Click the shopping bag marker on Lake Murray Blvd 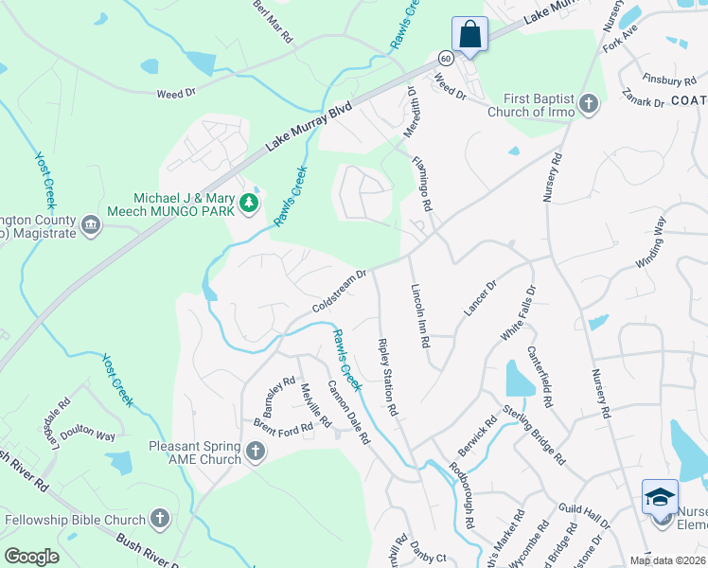(469, 35)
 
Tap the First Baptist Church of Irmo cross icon (588, 103)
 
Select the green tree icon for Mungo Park (249, 202)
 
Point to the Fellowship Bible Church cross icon (160, 519)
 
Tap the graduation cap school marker (660, 497)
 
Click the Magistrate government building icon (91, 224)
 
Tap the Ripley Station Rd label (386, 378)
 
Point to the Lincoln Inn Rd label (420, 314)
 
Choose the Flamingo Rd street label (422, 183)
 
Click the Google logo (30, 556)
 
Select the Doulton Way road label (90, 434)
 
